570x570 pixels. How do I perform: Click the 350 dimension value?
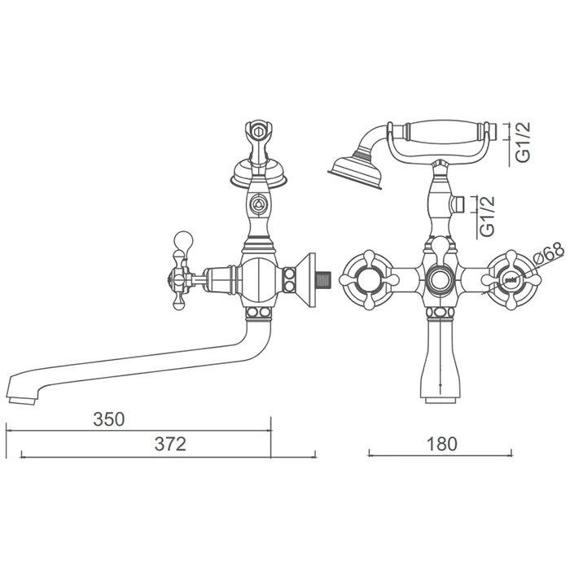(108, 419)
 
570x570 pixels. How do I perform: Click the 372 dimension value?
(170, 444)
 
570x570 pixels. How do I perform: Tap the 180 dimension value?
(441, 444)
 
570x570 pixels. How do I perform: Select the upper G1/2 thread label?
(524, 142)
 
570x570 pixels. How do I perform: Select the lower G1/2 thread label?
(488, 217)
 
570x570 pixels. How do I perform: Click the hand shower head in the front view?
(354, 172)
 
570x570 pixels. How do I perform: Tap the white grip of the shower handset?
(445, 131)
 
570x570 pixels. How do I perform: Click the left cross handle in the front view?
(369, 280)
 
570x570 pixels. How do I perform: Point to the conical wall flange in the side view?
(306, 280)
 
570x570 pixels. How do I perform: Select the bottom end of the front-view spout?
(441, 400)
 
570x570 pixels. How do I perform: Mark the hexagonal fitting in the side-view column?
(259, 204)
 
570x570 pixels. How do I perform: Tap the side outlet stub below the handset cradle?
(458, 205)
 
